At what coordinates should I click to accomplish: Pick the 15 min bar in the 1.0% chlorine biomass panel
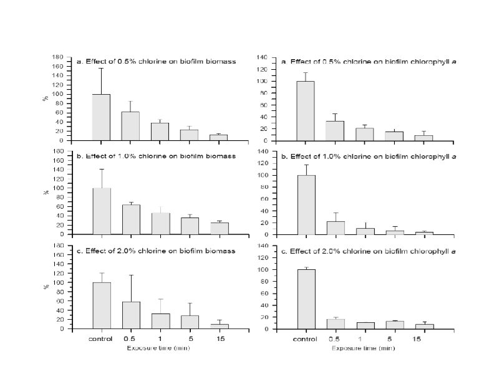[x=219, y=228]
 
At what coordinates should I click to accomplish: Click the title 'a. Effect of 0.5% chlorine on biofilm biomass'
[x=155, y=62]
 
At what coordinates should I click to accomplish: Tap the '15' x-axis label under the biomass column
[x=219, y=339]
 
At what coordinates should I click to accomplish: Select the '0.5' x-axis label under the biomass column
[x=130, y=339]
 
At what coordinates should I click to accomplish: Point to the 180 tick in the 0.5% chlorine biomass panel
[x=58, y=57]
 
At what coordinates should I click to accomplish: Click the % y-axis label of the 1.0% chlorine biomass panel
[x=46, y=193]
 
